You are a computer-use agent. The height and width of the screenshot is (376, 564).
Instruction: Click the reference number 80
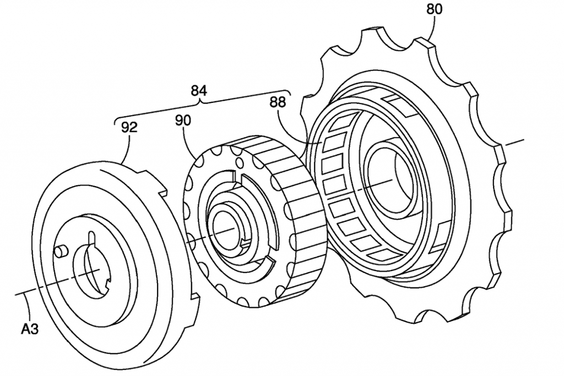click(x=434, y=9)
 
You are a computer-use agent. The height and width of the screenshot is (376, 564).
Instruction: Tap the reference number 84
click(x=198, y=91)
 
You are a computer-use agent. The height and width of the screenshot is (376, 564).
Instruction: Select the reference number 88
click(x=278, y=102)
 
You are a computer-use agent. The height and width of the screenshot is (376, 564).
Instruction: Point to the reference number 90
click(x=183, y=121)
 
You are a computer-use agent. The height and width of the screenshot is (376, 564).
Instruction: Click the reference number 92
click(x=129, y=127)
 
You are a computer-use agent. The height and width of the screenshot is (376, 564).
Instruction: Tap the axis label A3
click(x=30, y=329)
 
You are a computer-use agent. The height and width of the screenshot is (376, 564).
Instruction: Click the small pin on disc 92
click(x=61, y=251)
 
